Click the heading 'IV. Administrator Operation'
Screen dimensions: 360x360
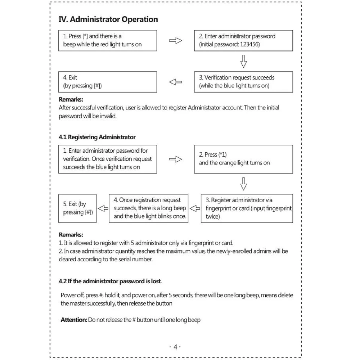[x=108, y=19]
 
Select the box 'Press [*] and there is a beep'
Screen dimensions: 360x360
[x=108, y=40]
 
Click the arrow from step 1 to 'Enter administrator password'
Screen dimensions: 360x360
[x=175, y=41]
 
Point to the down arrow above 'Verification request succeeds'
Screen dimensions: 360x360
[x=244, y=61]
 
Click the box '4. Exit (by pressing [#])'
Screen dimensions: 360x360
[x=108, y=82]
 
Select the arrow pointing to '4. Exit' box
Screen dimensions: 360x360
[x=175, y=82]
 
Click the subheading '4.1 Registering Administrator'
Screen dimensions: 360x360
[x=97, y=137]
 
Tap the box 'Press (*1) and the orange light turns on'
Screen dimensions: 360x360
[x=243, y=159]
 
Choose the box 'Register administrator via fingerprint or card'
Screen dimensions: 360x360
[x=247, y=208]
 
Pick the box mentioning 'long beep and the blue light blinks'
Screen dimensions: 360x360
[x=149, y=208]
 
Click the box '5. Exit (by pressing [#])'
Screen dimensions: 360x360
[x=78, y=208]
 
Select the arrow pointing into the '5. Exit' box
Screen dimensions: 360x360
[x=103, y=208]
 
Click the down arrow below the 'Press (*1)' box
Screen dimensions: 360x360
[x=244, y=183]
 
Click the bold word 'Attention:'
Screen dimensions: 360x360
[x=74, y=320]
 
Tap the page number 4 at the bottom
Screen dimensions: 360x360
[x=175, y=347]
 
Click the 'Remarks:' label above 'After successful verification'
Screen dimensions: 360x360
[x=71, y=100]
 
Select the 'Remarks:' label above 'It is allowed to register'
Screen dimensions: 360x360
[x=71, y=235]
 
